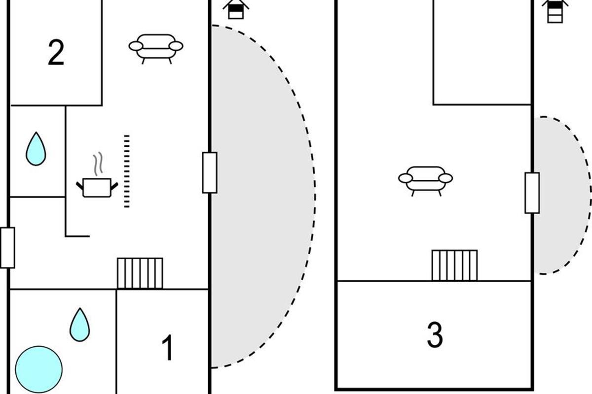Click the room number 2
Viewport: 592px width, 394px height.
(x=56, y=52)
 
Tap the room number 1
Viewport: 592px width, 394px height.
(x=168, y=347)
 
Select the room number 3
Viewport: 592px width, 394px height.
(x=435, y=335)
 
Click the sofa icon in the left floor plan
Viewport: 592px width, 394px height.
(x=156, y=49)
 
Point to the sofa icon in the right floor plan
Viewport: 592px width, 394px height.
(x=425, y=181)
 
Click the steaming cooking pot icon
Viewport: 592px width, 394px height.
(x=97, y=187)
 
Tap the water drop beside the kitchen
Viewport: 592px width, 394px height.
(x=36, y=149)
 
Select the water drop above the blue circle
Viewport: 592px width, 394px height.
(x=79, y=325)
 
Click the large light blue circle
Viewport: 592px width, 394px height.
(x=39, y=369)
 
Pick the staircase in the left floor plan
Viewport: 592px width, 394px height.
(x=140, y=273)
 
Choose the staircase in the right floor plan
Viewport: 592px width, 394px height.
(x=454, y=265)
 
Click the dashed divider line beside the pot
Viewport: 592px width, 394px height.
(x=127, y=171)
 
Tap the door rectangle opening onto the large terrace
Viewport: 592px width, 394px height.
(x=210, y=172)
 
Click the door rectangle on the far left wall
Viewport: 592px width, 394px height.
(x=8, y=248)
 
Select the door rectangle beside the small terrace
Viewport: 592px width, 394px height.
(x=532, y=193)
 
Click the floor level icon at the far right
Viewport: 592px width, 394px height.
(x=555, y=11)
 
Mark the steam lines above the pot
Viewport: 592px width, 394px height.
(x=98, y=164)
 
